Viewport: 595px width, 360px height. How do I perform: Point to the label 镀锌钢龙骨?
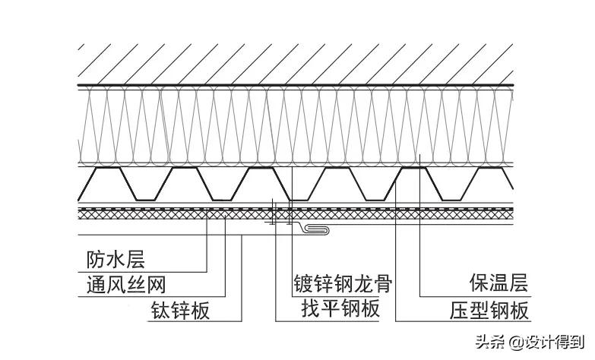click(343, 285)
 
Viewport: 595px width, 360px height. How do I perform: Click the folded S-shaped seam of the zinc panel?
click(315, 229)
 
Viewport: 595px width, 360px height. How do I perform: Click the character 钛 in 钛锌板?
click(158, 311)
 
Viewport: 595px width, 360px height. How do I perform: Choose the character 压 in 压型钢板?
click(457, 310)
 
